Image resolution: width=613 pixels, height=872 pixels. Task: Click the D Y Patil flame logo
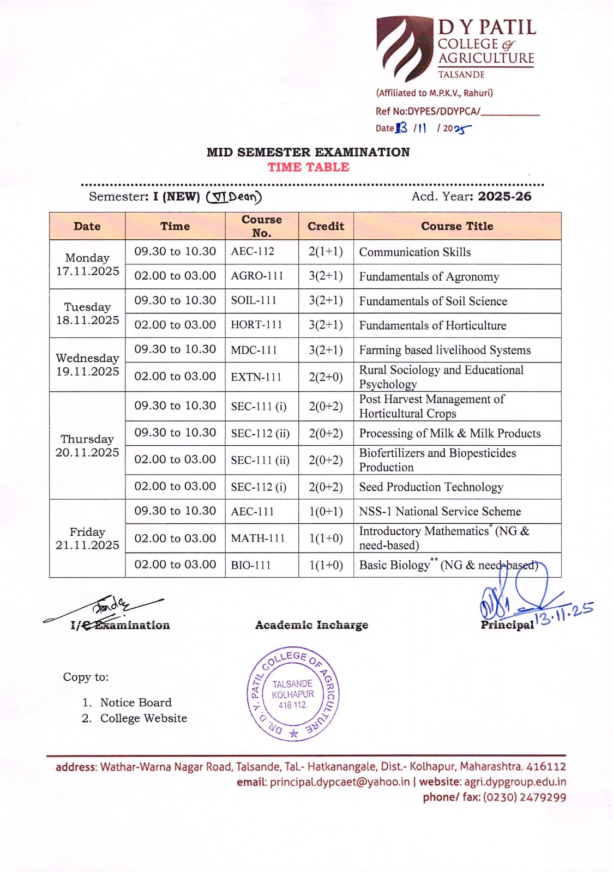[404, 48]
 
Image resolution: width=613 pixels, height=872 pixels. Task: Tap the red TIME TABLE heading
[308, 167]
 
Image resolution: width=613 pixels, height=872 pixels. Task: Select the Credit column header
[326, 226]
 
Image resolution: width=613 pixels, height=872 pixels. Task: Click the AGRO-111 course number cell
[257, 276]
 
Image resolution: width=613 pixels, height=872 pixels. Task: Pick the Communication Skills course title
[414, 252]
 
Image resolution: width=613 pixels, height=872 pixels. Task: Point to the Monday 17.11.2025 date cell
[87, 264]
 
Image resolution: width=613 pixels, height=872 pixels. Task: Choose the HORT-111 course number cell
[256, 325]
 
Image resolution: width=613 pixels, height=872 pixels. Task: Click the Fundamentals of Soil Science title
[433, 301]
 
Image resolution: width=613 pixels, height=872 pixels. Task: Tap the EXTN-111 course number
[256, 377]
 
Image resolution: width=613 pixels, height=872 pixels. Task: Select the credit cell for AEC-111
[326, 511]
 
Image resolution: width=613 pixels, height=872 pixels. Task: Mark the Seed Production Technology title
[431, 487]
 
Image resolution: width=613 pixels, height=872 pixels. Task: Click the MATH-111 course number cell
[257, 538]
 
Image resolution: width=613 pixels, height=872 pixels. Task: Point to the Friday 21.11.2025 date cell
[87, 538]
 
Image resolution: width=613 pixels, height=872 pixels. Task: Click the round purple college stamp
[293, 694]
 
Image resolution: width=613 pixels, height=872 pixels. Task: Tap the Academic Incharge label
[311, 625]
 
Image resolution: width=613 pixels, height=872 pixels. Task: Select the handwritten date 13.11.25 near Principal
[564, 613]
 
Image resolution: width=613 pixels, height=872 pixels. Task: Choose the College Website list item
[143, 718]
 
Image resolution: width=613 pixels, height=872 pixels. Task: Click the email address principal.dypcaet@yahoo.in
[339, 782]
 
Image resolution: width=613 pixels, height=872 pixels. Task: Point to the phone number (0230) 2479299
[525, 797]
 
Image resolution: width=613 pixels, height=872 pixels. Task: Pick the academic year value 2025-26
[504, 197]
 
